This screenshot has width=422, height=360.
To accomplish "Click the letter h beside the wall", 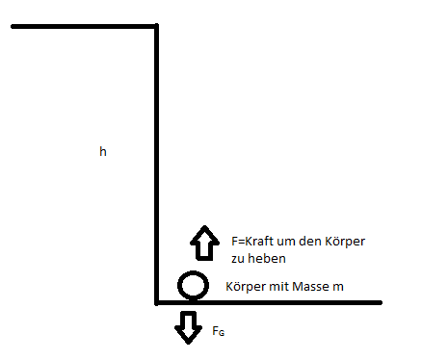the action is click(x=103, y=151).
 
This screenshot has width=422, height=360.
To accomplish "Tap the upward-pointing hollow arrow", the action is click(x=204, y=243).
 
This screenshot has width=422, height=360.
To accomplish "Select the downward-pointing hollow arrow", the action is click(x=189, y=327).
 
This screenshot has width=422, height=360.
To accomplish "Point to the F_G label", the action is click(x=219, y=331).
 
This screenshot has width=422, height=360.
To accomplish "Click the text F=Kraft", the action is click(x=252, y=241).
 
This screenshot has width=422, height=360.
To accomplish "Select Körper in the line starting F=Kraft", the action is click(x=345, y=242).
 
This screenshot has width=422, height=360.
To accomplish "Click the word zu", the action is click(x=238, y=259).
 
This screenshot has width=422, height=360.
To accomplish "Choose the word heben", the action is click(x=267, y=258).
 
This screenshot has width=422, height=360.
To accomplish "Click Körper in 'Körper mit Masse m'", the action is click(x=246, y=287).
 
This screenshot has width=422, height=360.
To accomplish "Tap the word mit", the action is click(x=279, y=286).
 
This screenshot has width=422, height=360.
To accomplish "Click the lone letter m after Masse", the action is click(x=338, y=287).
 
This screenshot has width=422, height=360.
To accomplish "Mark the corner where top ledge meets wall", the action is click(x=156, y=26).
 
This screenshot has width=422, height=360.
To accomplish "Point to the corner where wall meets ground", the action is click(x=156, y=302).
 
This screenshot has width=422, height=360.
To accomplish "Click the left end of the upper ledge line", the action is click(x=13, y=26).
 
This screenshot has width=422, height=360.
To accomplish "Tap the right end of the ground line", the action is click(x=381, y=302).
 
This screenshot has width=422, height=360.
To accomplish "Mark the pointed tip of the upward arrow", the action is click(x=205, y=226).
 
